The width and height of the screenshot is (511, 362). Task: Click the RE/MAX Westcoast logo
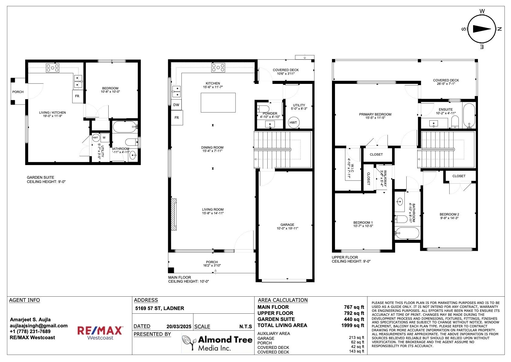[100, 333]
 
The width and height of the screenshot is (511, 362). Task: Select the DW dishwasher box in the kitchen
[176, 105]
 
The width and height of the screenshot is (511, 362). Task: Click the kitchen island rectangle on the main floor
[218, 103]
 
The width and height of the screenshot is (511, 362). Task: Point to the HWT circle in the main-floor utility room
[293, 122]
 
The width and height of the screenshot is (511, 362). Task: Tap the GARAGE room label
[287, 225]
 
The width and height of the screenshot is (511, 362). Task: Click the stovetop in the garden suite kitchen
[52, 68]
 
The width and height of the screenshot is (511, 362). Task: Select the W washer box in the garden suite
[104, 138]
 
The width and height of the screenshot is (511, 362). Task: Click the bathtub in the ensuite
[469, 115]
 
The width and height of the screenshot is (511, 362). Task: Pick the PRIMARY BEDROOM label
[375, 114]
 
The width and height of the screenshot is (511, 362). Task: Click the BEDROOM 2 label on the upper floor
[449, 214]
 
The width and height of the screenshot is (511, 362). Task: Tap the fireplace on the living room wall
[174, 214]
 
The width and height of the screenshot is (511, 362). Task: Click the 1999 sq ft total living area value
[353, 325]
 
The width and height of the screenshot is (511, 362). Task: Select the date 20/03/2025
[179, 326]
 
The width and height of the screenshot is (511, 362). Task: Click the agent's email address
[39, 326]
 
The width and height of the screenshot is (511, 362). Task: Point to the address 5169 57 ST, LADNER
[160, 308]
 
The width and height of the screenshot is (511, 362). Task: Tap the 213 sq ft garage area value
[356, 338]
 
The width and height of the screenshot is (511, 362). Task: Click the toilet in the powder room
[263, 109]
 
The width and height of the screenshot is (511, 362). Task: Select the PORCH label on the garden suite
[18, 92]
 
